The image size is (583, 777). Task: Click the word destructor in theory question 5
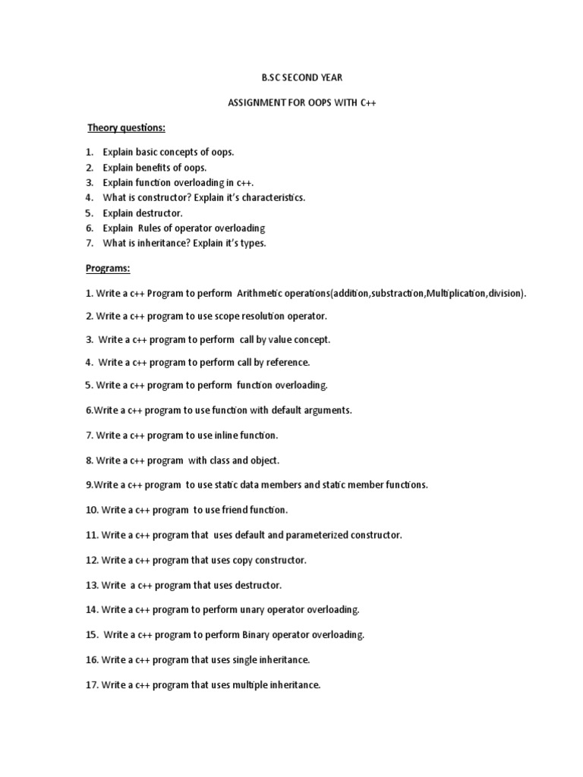pos(157,213)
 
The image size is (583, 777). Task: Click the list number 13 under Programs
pos(92,585)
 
